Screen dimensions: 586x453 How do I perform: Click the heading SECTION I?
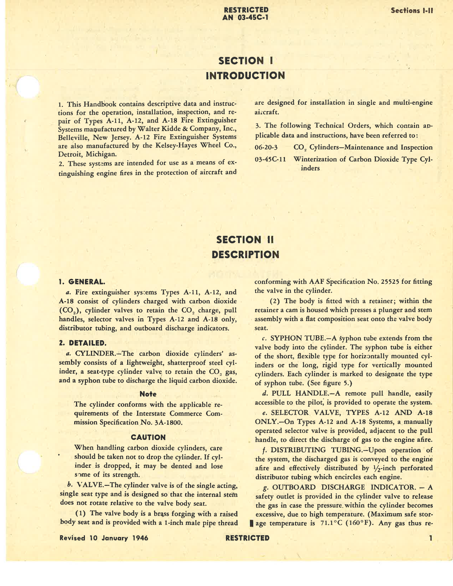coord(245,61)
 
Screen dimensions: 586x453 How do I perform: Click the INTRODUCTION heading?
coord(245,76)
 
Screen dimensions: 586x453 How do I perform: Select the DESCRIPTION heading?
coord(245,255)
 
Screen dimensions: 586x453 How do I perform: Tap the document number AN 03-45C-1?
coord(245,17)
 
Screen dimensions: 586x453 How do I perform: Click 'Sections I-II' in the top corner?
coord(412,11)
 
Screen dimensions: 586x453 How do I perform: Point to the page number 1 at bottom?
coord(431,538)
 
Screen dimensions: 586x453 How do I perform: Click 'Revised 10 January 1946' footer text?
coord(104,538)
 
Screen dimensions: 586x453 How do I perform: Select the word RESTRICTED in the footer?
coord(247,538)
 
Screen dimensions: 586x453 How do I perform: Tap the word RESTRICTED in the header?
coord(245,10)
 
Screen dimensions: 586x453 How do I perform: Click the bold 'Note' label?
coord(148,394)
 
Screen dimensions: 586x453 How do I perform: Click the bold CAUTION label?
coord(148,437)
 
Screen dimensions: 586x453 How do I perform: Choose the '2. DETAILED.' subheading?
coord(82,343)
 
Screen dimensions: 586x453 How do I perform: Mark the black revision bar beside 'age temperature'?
coord(252,523)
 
